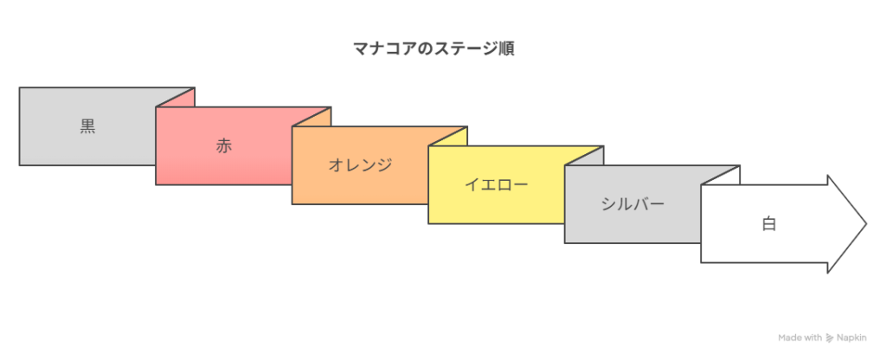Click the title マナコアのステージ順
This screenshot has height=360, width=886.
coord(433,49)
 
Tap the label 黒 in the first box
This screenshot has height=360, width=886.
coord(87,126)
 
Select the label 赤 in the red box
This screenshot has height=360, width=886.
coord(224,145)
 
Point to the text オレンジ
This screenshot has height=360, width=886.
coord(360,165)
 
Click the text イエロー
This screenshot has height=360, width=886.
coord(496,185)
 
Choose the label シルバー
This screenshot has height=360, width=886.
coord(632,204)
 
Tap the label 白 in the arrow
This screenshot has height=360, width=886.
coord(768,224)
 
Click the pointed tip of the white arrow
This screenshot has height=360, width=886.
coord(866,224)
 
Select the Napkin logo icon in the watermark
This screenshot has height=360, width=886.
coord(830,338)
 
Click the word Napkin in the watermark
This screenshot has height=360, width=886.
coord(851,337)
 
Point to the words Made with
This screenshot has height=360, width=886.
coord(800,337)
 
